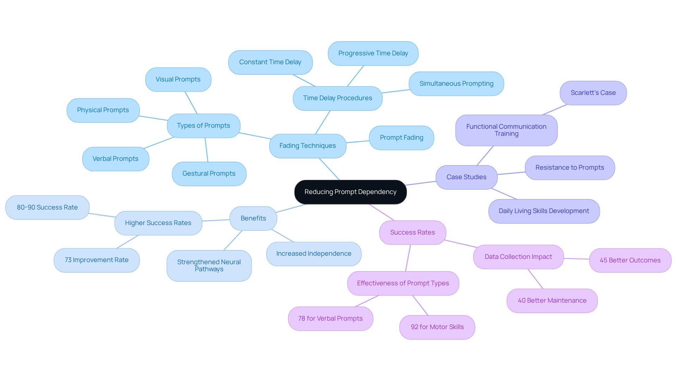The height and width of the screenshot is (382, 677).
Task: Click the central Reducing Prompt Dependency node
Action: click(x=350, y=192)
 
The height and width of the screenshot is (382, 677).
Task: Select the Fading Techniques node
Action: click(x=307, y=146)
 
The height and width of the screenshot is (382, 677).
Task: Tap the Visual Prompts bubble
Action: click(x=178, y=79)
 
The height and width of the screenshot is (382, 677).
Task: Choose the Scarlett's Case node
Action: click(x=593, y=93)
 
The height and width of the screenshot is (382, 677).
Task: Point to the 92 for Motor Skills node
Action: click(x=437, y=327)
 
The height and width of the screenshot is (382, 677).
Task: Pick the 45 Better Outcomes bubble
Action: click(x=630, y=260)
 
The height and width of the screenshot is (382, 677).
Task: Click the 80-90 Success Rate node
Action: click(x=47, y=207)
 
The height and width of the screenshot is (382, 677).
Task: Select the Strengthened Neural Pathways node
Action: click(x=209, y=266)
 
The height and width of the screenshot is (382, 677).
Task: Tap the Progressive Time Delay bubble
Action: click(x=373, y=53)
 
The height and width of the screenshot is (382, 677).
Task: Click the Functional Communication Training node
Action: click(x=506, y=130)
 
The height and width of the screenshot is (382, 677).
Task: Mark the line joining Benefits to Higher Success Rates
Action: click(x=216, y=220)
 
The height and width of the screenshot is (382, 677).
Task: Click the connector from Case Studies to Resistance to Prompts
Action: click(x=511, y=173)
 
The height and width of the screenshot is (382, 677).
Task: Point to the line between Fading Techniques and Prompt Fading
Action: click(x=358, y=142)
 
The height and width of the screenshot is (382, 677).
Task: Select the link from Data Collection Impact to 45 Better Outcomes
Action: click(x=577, y=259)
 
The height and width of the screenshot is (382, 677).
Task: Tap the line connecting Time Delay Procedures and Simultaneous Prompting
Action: click(x=396, y=91)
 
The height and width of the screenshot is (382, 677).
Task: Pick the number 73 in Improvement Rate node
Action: click(x=68, y=260)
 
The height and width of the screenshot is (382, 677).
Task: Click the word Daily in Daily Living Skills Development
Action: click(x=505, y=211)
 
